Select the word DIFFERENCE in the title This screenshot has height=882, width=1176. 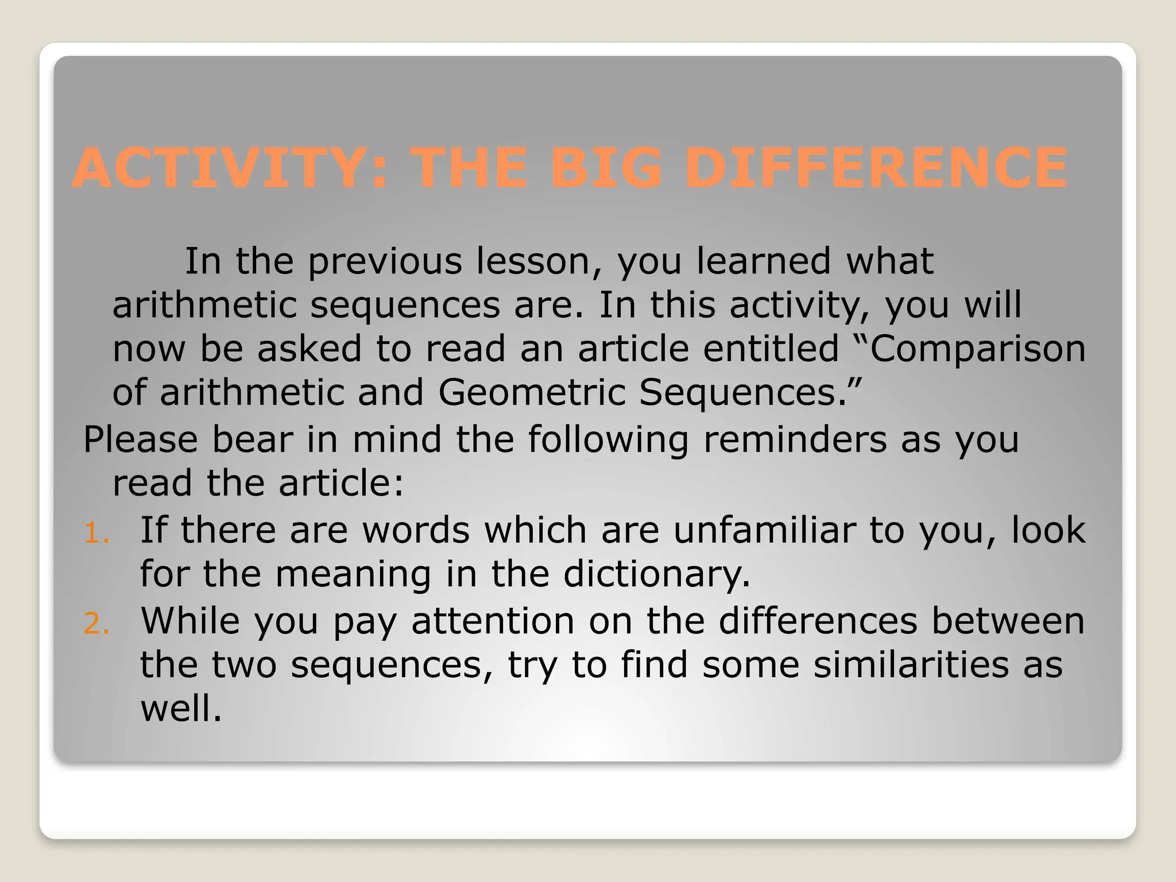876,168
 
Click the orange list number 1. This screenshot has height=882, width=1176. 96,534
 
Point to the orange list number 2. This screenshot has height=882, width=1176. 96,625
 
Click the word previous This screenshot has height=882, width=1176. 385,262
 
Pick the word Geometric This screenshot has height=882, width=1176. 531,393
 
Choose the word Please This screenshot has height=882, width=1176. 141,440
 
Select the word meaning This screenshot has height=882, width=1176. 353,574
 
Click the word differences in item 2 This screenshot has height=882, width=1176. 818,621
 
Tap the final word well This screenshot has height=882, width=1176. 180,709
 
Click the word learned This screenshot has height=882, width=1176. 763,262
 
